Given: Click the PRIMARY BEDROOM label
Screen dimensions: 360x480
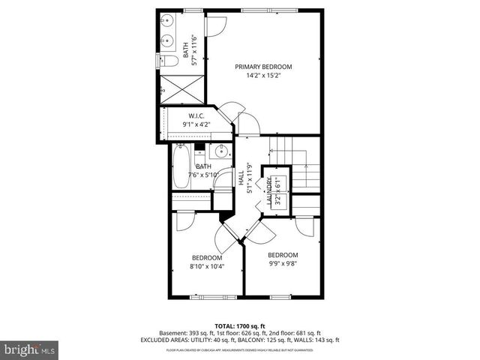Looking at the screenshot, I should click(x=263, y=67).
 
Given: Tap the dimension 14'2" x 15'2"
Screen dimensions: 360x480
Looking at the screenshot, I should click(x=263, y=75).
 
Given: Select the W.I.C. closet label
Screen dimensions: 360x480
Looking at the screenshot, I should click(x=196, y=115).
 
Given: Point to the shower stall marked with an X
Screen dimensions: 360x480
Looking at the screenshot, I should click(x=181, y=88).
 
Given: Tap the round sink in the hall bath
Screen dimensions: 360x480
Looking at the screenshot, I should click(x=222, y=151).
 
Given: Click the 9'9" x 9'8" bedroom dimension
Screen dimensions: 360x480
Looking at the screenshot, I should click(x=283, y=263).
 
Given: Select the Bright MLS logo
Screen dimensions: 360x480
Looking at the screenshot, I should click(x=30, y=349).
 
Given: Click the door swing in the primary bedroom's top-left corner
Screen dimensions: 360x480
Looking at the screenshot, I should click(x=215, y=24).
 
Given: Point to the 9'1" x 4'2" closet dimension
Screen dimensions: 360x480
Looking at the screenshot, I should click(x=196, y=124).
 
